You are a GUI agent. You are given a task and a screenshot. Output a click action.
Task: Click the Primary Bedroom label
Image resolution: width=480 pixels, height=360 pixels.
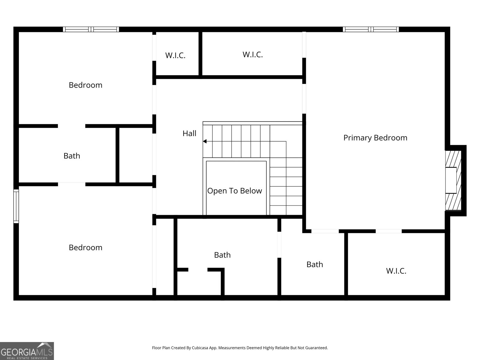(375, 138)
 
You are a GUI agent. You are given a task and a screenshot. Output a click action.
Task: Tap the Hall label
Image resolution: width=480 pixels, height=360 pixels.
(189, 133)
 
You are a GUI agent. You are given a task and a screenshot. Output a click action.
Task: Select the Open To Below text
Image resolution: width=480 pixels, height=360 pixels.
(234, 191)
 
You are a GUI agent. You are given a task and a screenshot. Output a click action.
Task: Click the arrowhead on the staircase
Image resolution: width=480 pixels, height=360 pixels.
(205, 141)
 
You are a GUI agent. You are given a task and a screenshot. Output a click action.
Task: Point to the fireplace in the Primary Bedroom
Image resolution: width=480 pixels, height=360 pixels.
(453, 180)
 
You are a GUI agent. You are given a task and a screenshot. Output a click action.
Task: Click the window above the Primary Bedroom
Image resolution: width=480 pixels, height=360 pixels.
(371, 29)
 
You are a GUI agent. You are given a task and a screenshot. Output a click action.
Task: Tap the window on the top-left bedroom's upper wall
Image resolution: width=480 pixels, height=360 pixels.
(91, 29)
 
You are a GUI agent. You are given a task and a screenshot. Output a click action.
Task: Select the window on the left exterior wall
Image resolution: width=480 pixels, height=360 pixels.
(16, 206)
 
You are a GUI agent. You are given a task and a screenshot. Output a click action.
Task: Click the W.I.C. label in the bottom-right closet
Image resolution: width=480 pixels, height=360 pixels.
(396, 271)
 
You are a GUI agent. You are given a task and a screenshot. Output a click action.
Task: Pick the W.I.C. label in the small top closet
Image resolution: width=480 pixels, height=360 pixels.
(175, 55)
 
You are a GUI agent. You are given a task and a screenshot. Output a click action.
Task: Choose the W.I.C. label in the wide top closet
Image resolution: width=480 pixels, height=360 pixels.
(253, 55)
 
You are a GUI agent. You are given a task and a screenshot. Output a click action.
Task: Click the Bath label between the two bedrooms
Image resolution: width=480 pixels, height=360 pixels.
(72, 156)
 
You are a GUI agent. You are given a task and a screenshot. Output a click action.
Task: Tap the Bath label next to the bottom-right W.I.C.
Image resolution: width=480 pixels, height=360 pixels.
(315, 265)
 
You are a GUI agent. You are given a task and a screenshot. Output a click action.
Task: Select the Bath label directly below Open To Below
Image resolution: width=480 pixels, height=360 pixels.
(222, 255)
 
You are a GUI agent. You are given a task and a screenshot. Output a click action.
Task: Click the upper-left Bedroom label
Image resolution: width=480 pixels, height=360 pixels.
(85, 85)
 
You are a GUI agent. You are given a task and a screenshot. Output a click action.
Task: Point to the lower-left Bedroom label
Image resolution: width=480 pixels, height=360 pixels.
(85, 247)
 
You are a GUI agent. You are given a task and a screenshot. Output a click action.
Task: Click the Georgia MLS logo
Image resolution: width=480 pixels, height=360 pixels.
(27, 351)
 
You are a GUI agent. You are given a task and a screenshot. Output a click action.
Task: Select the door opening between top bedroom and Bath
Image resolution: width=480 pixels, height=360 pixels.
(71, 126)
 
